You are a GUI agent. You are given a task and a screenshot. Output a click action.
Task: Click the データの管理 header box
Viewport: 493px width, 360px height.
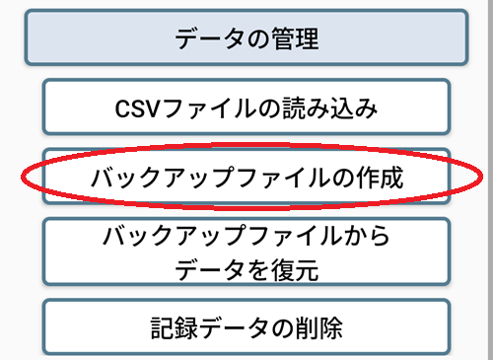[x=246, y=38]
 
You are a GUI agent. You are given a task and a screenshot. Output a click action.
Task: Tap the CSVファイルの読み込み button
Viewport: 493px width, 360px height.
[x=246, y=107]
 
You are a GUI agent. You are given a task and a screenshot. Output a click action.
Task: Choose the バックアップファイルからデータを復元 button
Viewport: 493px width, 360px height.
[x=246, y=252]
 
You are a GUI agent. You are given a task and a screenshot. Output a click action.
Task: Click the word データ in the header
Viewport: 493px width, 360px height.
[x=207, y=38]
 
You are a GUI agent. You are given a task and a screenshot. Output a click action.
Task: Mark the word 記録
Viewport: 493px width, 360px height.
[x=170, y=327]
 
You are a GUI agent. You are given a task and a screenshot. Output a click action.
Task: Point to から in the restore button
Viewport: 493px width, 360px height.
[x=366, y=237]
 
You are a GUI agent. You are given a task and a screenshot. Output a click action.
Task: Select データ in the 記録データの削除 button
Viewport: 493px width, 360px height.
[x=232, y=327]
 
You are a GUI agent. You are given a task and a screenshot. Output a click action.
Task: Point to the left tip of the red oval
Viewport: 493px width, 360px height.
[x=22, y=178]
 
